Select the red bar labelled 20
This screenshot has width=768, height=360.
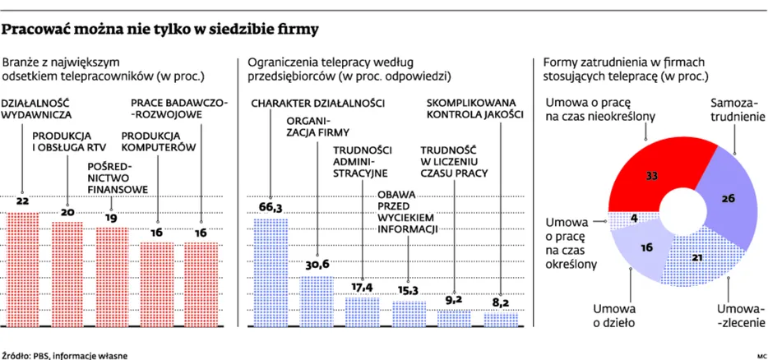click(67, 273)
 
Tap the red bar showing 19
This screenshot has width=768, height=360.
click(113, 275)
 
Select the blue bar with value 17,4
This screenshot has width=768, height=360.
click(362, 311)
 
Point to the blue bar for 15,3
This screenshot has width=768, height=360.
click(409, 313)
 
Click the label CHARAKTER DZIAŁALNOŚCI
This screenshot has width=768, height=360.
click(317, 104)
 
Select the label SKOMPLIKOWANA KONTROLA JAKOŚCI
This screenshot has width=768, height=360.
click(474, 109)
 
